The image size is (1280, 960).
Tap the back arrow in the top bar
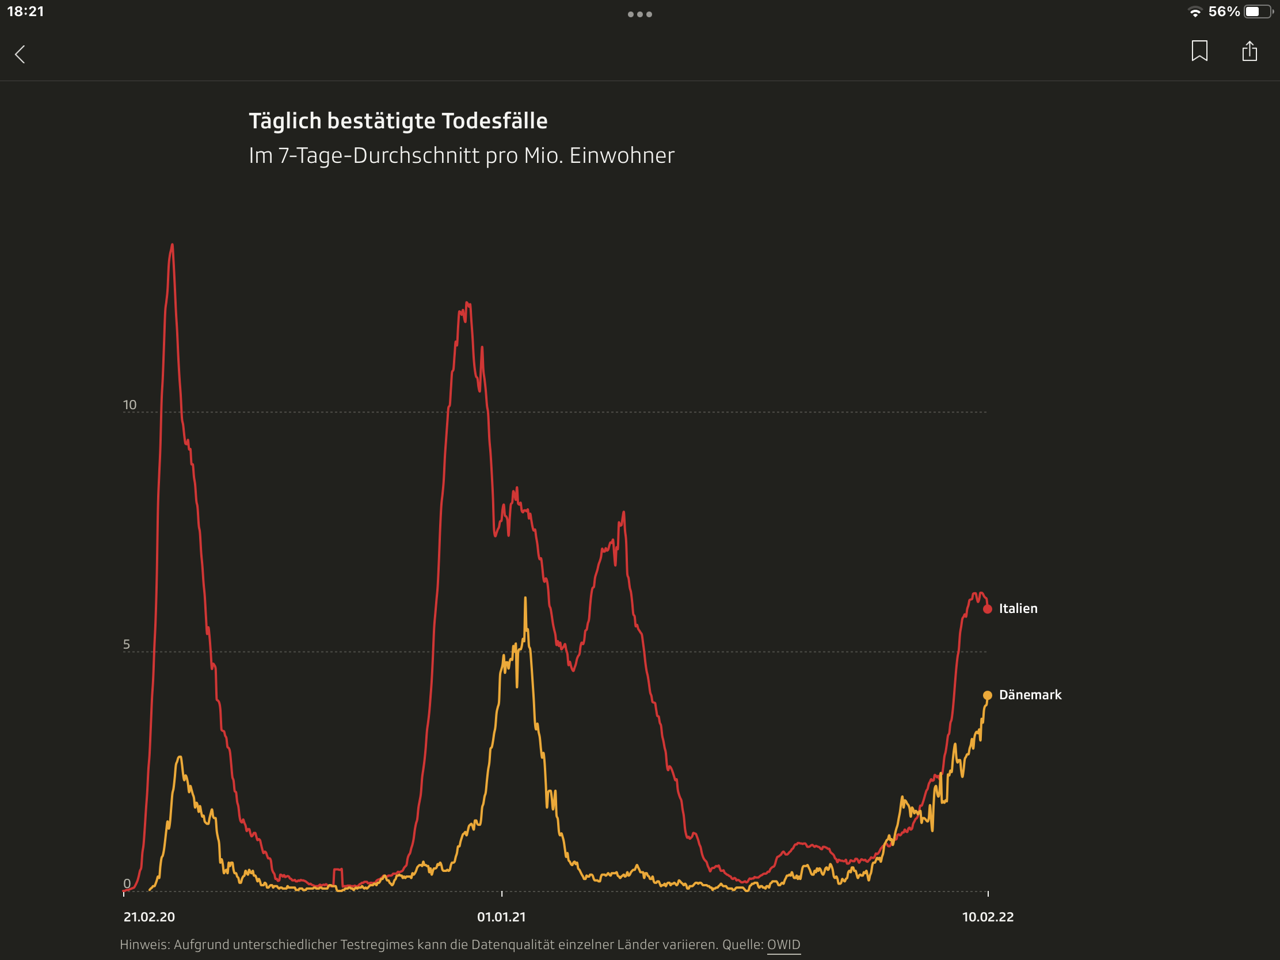coord(20,55)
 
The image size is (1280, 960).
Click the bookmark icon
coord(1199,51)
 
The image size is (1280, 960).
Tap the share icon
coord(1249,51)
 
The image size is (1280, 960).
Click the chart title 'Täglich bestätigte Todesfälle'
coord(398,121)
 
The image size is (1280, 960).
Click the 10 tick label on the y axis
coord(129,405)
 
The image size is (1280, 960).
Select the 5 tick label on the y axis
coord(127,645)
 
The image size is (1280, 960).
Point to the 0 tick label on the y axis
coord(127,883)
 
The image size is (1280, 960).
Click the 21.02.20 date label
coord(148,917)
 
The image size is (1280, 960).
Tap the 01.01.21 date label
coord(501,917)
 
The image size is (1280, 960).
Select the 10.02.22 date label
coord(988,917)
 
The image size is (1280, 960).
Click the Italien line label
coord(1018,608)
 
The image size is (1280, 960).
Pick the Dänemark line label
coord(1030,695)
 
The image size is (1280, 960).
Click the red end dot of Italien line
coord(988,609)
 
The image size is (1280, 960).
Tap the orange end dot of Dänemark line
coord(988,695)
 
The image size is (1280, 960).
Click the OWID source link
coord(783,944)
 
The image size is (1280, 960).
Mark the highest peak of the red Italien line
coord(173,245)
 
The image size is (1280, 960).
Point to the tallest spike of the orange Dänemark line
coord(525,599)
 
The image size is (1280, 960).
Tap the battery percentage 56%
coord(1224,12)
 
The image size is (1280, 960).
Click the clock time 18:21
coord(25,12)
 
